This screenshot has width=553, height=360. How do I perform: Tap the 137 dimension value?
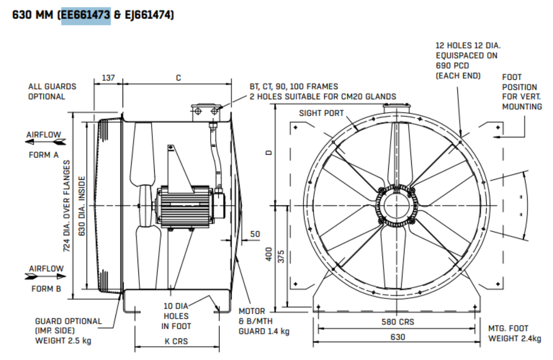coord(108,77)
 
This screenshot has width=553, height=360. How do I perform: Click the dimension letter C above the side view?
coord(178,77)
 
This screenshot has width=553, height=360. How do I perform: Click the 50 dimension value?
coord(255,234)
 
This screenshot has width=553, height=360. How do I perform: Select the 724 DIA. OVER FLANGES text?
coord(66,205)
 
